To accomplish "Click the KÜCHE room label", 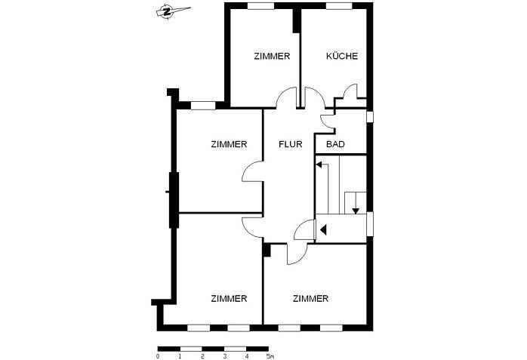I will click(x=341, y=57).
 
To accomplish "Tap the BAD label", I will click(x=335, y=143).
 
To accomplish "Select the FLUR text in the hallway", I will click(x=291, y=143).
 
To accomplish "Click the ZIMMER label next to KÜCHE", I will click(x=273, y=57).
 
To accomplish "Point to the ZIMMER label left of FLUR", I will click(x=230, y=143).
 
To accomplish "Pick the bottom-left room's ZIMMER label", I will click(x=230, y=299).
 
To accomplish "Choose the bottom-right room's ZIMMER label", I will click(x=310, y=299).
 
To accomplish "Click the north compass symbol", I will click(x=165, y=11).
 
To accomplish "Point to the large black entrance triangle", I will click(x=322, y=229).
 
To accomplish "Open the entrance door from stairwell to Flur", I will click(x=305, y=229).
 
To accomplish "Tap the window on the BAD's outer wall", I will click(x=370, y=117).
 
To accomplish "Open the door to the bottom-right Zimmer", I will click(x=297, y=253).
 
